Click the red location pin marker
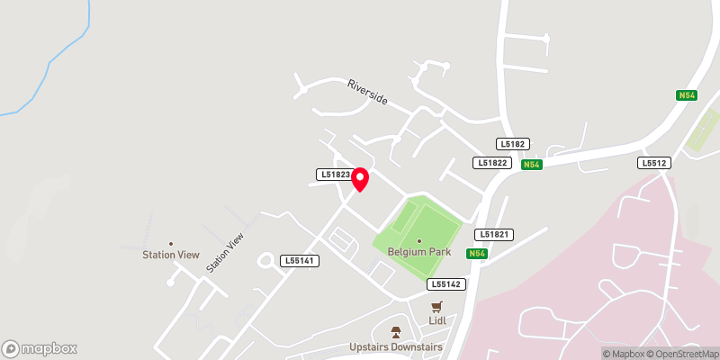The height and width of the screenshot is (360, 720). (360, 179)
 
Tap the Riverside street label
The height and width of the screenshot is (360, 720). (368, 93)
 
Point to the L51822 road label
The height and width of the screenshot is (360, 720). (492, 163)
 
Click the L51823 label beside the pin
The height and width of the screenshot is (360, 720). (332, 175)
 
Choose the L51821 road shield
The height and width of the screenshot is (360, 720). (496, 234)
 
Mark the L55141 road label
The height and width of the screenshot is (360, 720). (298, 260)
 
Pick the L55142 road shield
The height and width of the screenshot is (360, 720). (445, 283)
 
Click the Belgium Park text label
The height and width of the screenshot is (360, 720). (418, 253)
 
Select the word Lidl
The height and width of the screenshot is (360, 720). (438, 320)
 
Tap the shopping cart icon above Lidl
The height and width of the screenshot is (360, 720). (438, 306)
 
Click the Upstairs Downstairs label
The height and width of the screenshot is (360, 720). (396, 346)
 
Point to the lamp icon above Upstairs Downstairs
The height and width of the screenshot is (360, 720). (396, 332)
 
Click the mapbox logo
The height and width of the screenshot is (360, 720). (40, 348)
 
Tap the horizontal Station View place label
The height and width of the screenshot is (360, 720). (170, 255)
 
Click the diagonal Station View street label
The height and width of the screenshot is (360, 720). (225, 253)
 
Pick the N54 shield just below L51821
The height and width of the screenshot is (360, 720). (477, 254)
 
